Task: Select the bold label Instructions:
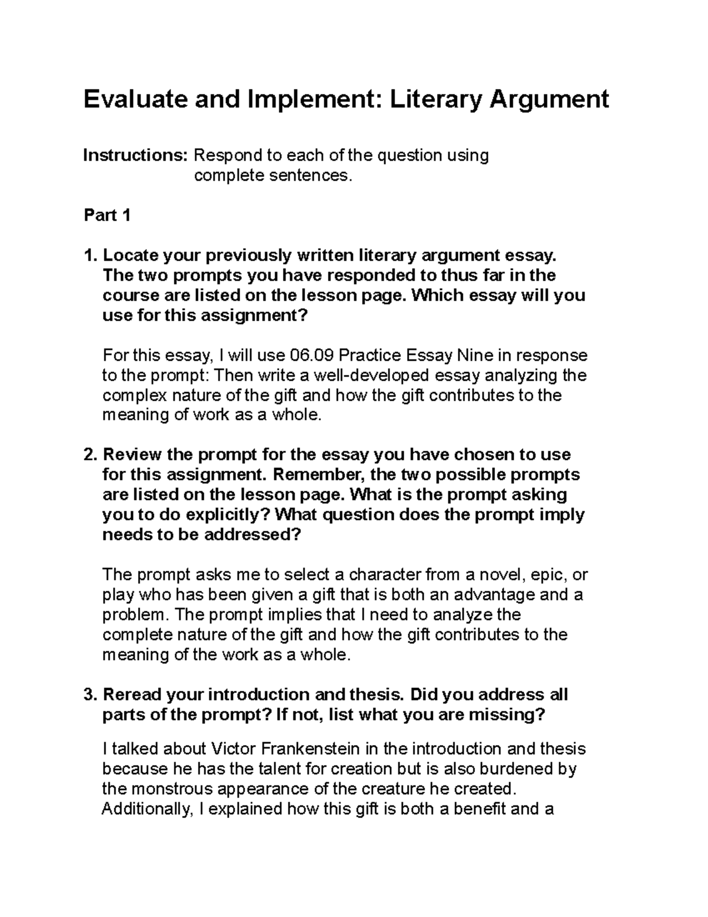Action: coord(135,156)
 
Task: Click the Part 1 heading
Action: coord(107,216)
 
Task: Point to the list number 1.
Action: coord(89,256)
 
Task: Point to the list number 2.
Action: coord(89,455)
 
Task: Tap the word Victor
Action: coord(233,749)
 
